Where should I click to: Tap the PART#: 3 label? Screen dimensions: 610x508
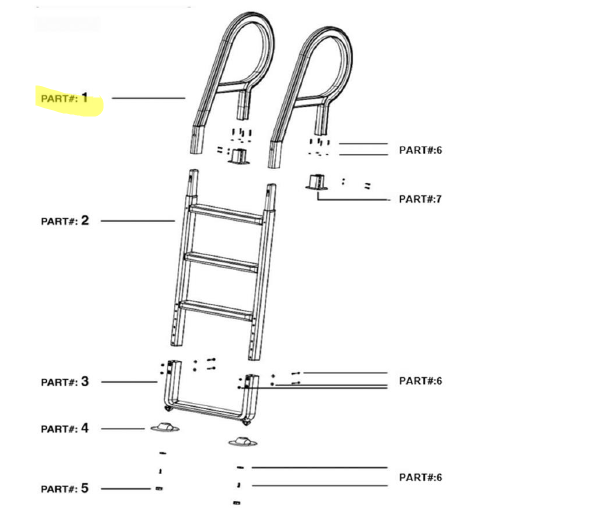65,381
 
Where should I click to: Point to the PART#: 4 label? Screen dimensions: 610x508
65,428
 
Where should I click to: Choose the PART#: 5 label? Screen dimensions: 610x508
65,488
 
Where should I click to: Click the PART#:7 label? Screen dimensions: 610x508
420,199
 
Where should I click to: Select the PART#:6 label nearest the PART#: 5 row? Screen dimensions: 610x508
420,477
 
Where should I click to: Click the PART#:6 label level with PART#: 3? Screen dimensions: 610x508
420,380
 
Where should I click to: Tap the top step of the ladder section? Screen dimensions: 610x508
226,213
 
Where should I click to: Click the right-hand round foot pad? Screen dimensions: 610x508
241,441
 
